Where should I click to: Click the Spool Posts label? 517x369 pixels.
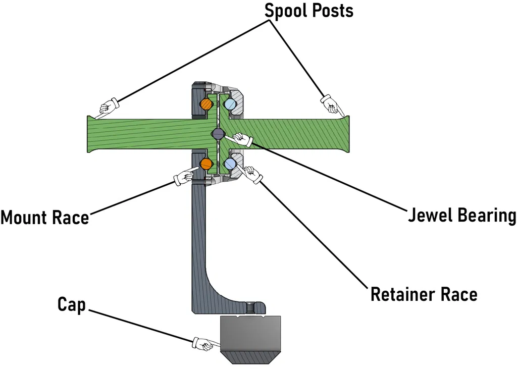click(x=309, y=11)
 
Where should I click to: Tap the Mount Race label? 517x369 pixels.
click(x=44, y=218)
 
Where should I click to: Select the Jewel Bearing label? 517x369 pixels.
click(x=461, y=215)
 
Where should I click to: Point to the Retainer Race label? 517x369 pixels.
click(x=424, y=294)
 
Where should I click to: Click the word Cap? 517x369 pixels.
click(x=72, y=304)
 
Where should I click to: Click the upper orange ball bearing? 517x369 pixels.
click(x=206, y=104)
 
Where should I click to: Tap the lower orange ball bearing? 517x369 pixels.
click(x=206, y=164)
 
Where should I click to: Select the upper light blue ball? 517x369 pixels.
click(x=230, y=104)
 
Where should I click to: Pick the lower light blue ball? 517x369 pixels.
click(x=230, y=164)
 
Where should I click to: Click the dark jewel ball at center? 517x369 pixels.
click(x=218, y=134)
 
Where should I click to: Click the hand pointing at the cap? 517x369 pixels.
click(x=203, y=344)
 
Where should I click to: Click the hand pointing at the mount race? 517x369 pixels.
click(x=183, y=177)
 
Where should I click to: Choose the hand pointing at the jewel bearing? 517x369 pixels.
click(x=240, y=140)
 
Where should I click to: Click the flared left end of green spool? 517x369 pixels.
click(x=91, y=134)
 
